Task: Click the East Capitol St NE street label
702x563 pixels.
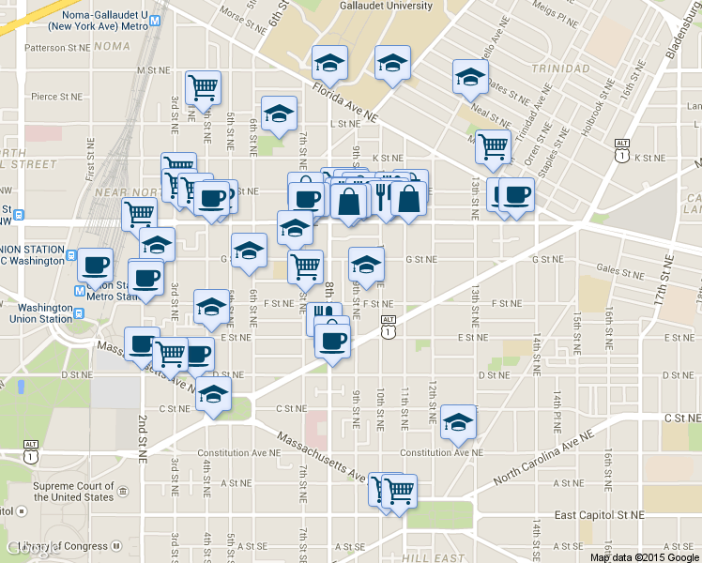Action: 599,515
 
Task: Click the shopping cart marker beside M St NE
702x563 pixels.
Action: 203,88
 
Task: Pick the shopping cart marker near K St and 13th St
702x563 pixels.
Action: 492,146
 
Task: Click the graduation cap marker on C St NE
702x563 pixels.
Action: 214,395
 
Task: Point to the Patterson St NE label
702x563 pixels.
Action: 59,46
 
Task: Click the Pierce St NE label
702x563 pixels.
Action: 57,96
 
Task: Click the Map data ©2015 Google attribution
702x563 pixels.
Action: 644,556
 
